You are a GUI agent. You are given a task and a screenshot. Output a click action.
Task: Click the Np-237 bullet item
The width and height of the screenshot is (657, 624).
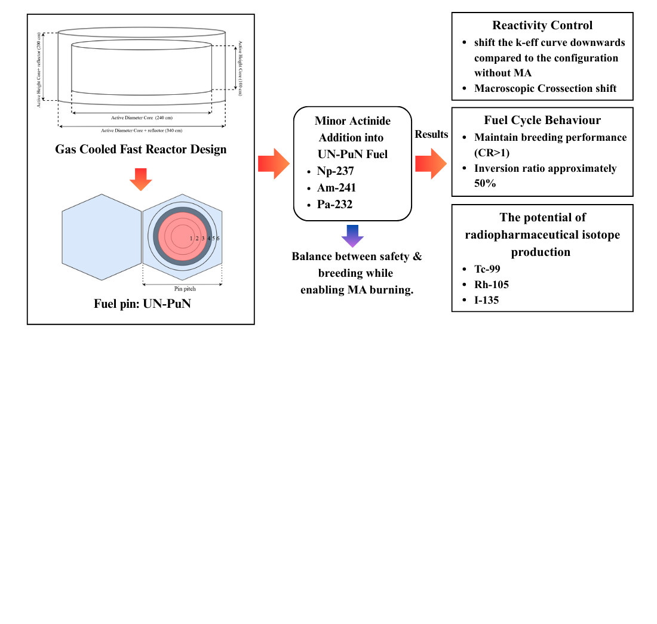(x=335, y=171)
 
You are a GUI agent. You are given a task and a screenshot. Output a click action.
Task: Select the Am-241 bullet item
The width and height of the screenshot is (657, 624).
(x=336, y=188)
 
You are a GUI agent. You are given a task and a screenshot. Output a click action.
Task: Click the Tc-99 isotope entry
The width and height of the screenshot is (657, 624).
(x=487, y=269)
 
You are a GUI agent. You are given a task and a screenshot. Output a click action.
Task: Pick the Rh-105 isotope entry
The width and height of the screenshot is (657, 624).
(x=492, y=285)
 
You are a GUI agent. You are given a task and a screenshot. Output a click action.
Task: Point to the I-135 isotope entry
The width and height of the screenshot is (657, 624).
(x=486, y=300)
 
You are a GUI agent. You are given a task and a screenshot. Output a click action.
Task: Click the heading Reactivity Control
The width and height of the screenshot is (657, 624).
(x=542, y=25)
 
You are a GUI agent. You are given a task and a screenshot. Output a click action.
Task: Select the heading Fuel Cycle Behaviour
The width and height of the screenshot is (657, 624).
(x=542, y=120)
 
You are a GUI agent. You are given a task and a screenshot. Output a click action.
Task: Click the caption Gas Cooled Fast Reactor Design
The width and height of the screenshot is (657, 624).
(x=141, y=149)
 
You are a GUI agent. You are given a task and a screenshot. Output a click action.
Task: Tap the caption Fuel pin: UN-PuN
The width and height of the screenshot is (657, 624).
(x=141, y=303)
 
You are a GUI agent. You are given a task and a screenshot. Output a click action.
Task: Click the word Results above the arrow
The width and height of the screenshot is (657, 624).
(x=431, y=134)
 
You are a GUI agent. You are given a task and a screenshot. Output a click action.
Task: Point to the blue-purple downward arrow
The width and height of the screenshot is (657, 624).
(x=352, y=236)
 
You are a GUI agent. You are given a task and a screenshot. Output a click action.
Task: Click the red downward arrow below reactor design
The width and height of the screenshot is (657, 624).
(x=141, y=179)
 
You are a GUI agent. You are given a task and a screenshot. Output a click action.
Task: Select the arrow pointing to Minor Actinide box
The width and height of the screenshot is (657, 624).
(x=274, y=163)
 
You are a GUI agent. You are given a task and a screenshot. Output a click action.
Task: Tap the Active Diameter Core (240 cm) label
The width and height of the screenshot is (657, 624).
(x=141, y=118)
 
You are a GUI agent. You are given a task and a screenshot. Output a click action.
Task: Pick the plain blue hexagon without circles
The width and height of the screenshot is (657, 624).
(x=101, y=237)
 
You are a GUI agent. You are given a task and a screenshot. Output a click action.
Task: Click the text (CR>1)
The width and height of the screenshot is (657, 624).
(x=492, y=153)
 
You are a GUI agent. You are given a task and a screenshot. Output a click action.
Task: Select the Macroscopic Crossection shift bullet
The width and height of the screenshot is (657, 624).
(x=545, y=88)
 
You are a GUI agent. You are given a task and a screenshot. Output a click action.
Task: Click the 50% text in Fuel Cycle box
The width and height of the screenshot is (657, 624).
(x=485, y=184)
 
